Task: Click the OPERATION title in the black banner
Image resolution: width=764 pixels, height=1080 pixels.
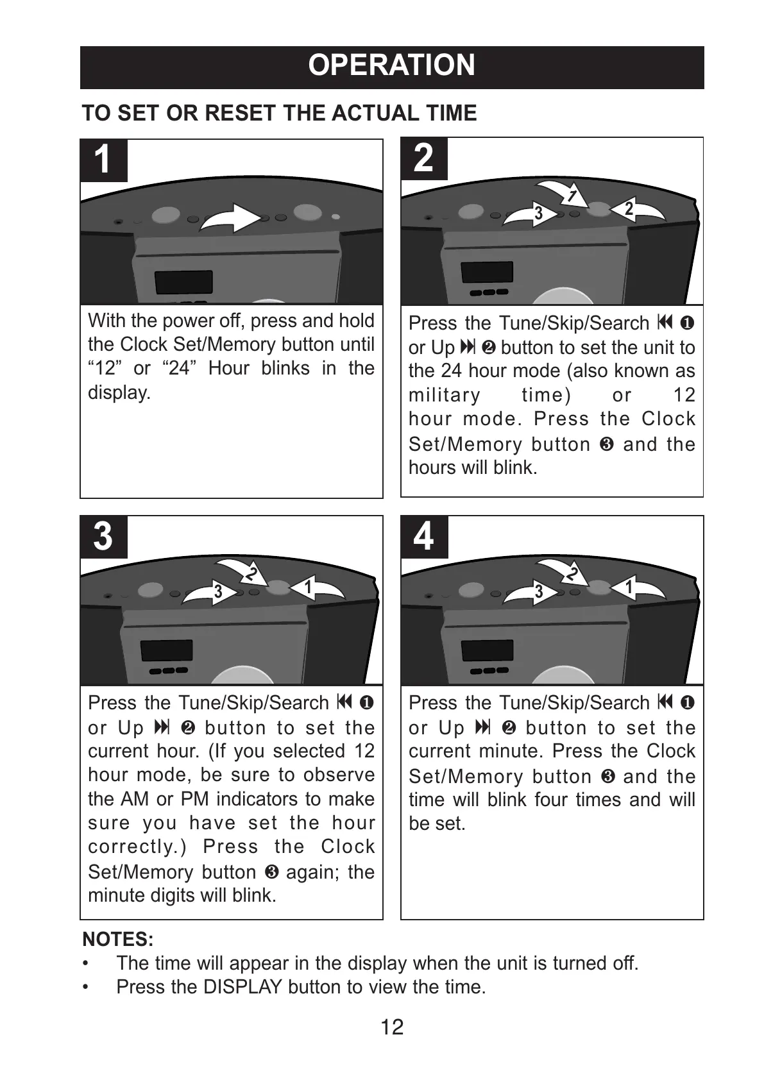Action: [391, 65]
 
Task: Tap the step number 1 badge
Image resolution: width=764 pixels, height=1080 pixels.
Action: [103, 160]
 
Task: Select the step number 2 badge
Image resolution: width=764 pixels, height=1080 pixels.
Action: [423, 158]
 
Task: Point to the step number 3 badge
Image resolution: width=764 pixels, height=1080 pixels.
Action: [103, 536]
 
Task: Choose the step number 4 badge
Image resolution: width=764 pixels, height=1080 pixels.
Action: [423, 536]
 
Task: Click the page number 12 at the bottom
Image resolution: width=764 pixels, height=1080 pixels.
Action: [392, 1027]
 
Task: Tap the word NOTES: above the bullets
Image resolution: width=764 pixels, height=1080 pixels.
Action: [118, 940]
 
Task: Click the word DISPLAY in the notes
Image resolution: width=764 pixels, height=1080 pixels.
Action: [242, 986]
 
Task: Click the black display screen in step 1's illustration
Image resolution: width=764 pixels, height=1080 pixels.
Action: [184, 282]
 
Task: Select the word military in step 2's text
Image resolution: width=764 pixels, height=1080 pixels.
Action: [444, 395]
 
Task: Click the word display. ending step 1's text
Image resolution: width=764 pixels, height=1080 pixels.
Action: [119, 392]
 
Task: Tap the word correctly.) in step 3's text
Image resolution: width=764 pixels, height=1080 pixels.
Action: [137, 847]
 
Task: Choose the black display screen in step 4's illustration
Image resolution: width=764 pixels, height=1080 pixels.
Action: [488, 651]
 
